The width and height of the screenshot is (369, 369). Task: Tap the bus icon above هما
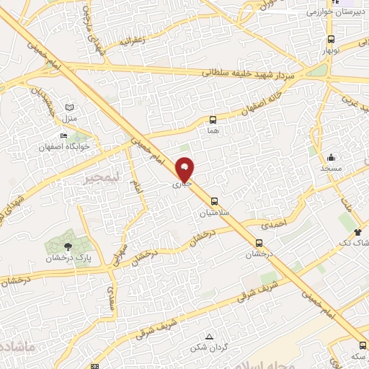tap(213, 120)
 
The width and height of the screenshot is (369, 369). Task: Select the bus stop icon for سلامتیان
tap(213, 202)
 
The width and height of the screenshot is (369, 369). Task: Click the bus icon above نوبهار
tap(331, 40)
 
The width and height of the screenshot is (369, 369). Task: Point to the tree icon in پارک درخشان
tap(68, 246)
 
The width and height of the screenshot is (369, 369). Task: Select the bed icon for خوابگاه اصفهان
tap(64, 135)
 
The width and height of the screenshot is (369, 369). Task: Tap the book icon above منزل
tap(69, 107)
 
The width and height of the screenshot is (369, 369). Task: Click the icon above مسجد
tap(332, 157)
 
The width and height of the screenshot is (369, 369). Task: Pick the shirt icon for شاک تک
tap(358, 232)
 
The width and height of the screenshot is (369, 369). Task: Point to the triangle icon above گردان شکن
tap(209, 337)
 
